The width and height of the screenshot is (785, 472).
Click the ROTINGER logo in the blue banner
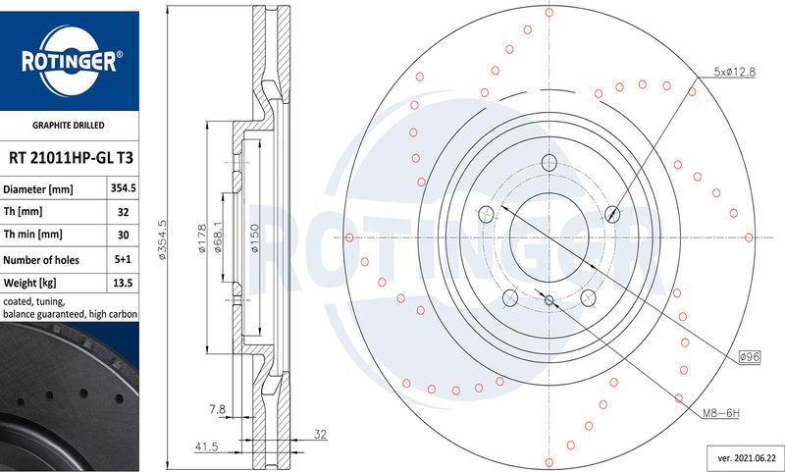coord(69,61)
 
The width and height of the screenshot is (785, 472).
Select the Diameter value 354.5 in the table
coord(122,188)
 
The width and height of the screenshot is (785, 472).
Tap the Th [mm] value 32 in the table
coord(122,211)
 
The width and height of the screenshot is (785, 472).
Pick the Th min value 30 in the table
coord(122,235)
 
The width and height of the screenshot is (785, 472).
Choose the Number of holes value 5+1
coord(122,260)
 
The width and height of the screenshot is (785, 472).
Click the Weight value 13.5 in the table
coord(122,284)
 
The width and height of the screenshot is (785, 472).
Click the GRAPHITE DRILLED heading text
coord(69,126)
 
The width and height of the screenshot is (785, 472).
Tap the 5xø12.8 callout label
coord(736,72)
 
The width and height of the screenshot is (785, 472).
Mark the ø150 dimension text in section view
coord(253,238)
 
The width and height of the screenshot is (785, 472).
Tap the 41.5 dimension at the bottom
coord(205,446)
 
